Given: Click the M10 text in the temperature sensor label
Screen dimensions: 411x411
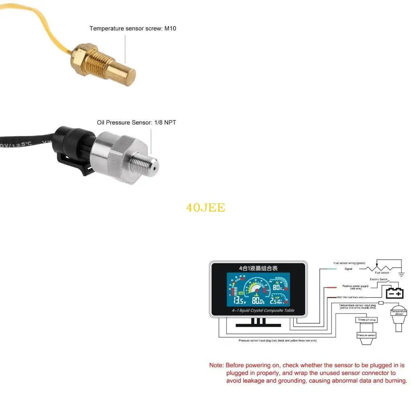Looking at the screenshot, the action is point(170,28).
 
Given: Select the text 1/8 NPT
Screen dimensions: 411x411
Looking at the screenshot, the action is point(165,122).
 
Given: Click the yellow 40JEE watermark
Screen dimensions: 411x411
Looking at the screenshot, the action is point(205,208).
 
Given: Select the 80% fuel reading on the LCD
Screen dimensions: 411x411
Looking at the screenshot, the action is point(278,287).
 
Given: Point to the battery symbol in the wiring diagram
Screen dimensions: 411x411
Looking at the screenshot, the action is point(395,292).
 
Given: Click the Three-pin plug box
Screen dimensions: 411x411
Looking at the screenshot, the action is point(366,320).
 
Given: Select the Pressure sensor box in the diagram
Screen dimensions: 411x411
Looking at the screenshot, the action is point(366,335).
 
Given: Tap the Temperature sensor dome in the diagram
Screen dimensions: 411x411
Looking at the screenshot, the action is point(399,313).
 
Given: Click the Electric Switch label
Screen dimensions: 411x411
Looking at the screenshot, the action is point(378,279).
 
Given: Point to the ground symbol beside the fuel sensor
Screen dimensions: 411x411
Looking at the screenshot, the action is point(401,274).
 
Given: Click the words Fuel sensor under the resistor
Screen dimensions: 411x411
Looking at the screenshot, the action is point(382,273).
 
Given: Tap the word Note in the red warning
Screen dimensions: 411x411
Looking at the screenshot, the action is point(216,365).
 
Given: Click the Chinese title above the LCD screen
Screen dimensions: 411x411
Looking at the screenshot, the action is point(258,268).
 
